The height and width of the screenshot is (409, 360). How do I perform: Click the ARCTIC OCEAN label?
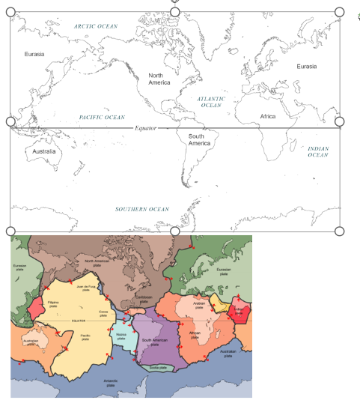(x=96, y=25)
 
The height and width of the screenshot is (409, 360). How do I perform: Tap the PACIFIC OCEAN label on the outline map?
(x=102, y=118)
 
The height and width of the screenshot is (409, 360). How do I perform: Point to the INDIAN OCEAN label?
(x=318, y=151)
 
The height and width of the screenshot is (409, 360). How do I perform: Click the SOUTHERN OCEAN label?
(x=142, y=209)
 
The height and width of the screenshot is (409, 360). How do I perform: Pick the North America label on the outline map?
(x=159, y=79)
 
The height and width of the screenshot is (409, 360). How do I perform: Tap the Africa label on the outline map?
(x=268, y=116)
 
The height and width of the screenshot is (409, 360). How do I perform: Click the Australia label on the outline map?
(x=45, y=151)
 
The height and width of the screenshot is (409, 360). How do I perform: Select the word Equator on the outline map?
(x=147, y=128)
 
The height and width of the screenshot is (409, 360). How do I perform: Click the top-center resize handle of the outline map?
(x=175, y=12)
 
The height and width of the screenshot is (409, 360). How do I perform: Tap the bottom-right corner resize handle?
(x=339, y=231)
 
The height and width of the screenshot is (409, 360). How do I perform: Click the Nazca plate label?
(x=122, y=337)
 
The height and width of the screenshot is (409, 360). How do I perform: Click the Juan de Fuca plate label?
(x=91, y=288)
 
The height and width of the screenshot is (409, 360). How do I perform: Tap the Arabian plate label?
(x=199, y=305)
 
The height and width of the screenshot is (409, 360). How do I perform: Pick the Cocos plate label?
(x=103, y=312)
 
